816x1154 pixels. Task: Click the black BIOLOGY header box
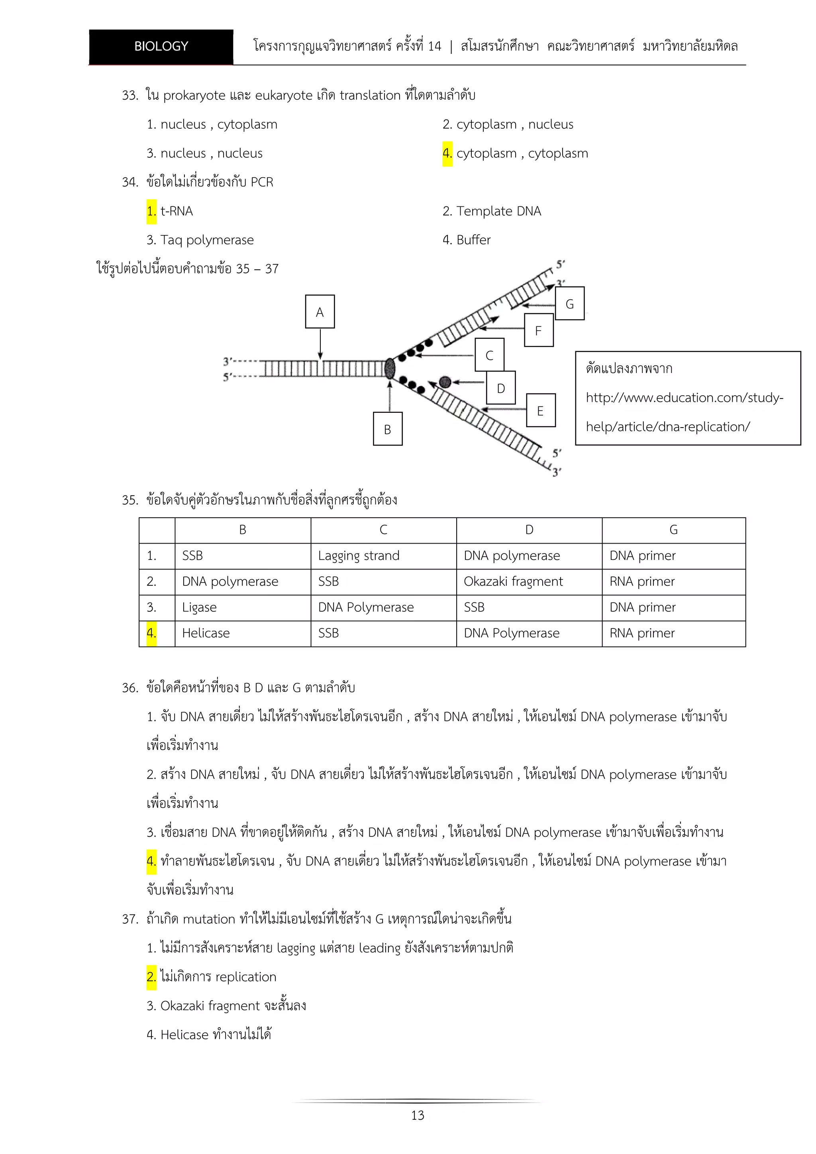pyautogui.click(x=161, y=47)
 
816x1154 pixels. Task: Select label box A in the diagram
pyautogui.click(x=320, y=312)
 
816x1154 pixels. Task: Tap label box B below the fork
pyautogui.click(x=387, y=429)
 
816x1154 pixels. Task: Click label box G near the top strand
pyautogui.click(x=569, y=304)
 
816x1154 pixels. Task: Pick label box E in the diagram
pyautogui.click(x=541, y=410)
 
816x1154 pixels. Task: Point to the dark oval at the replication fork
pyautogui.click(x=390, y=369)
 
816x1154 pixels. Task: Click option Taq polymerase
pyautogui.click(x=206, y=240)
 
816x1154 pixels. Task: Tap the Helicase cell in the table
pyautogui.click(x=206, y=633)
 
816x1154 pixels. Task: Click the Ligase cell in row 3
pyautogui.click(x=200, y=608)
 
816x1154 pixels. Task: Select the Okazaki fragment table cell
pyautogui.click(x=513, y=581)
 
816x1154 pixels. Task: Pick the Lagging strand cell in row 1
pyautogui.click(x=359, y=556)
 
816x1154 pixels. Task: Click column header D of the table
pyautogui.click(x=529, y=530)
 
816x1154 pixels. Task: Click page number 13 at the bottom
pyautogui.click(x=418, y=1115)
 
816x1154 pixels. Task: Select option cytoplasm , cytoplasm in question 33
pyautogui.click(x=522, y=153)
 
